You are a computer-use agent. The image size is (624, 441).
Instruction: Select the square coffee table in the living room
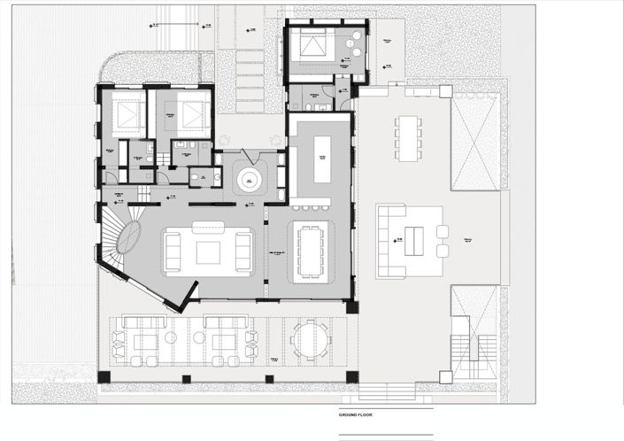[x=208, y=252]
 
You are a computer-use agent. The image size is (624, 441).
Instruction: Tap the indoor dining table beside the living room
[x=311, y=251]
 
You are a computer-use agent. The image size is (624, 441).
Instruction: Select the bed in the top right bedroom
[x=313, y=43]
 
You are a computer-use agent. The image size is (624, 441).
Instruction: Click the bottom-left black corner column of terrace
[x=104, y=377]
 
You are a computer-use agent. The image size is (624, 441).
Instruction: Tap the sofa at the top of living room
[x=208, y=226]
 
